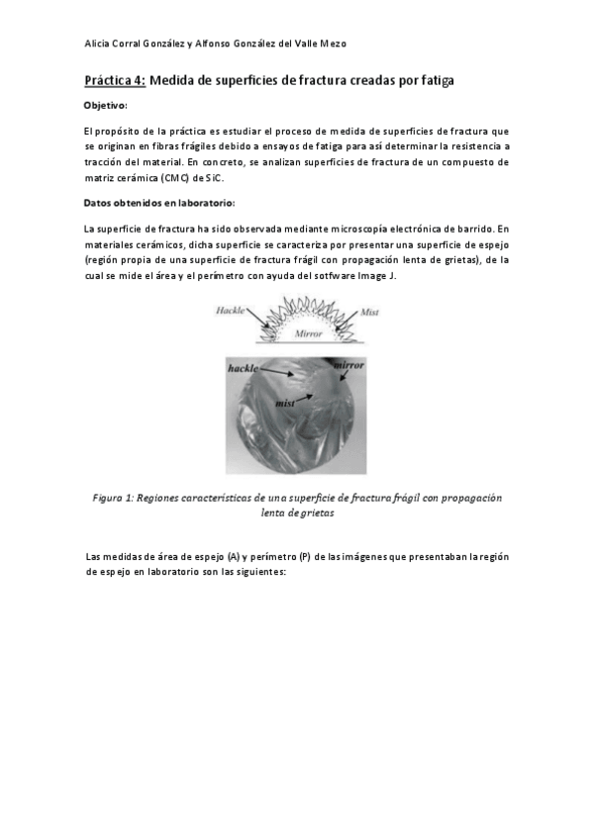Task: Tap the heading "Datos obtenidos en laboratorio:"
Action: (x=158, y=203)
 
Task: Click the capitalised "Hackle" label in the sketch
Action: (x=231, y=312)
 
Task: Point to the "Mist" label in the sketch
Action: (x=369, y=312)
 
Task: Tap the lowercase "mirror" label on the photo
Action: (x=347, y=365)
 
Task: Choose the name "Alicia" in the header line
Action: (x=100, y=44)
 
